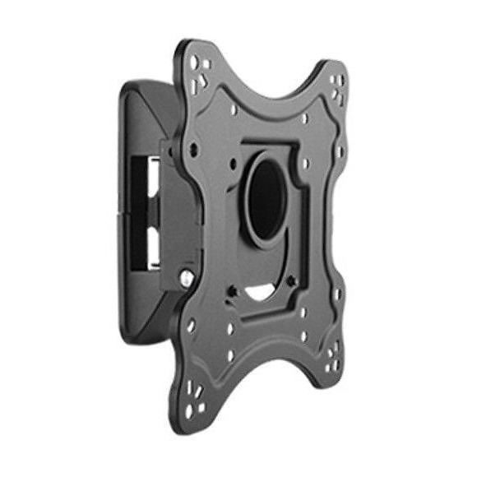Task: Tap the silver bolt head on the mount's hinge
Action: [x=188, y=280]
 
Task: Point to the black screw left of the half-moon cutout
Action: [x=233, y=290]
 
